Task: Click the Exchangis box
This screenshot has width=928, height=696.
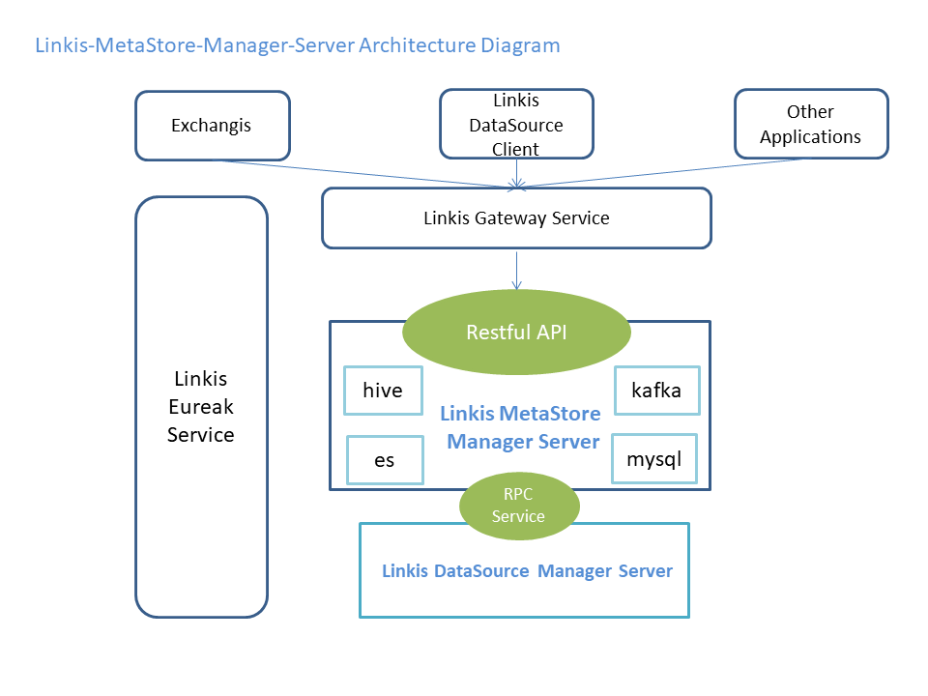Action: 212,126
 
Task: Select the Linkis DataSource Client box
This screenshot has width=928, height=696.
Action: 516,125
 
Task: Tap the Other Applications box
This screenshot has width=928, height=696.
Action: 810,125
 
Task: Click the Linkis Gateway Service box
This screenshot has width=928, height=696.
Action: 516,218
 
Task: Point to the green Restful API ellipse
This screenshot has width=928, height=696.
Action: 516,333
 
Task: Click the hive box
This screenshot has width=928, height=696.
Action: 383,391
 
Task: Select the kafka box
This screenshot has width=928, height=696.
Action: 656,391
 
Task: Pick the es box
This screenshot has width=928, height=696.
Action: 384,459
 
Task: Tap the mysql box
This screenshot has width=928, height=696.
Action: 654,458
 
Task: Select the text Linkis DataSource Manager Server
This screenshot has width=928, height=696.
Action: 527,571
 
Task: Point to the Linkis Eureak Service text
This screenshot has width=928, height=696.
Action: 201,406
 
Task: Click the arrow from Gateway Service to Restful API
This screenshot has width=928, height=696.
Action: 516,271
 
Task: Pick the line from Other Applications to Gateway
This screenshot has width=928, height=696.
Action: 667,171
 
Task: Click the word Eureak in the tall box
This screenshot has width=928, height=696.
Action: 201,406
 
